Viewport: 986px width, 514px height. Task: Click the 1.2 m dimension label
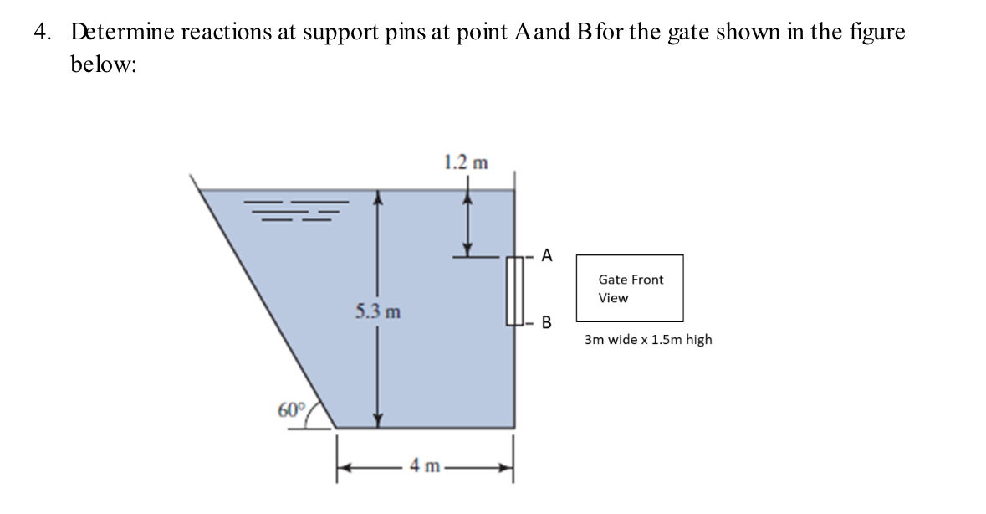pyautogui.click(x=467, y=161)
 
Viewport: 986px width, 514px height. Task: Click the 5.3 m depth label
pyautogui.click(x=377, y=312)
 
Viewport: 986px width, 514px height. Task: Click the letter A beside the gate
pyautogui.click(x=546, y=256)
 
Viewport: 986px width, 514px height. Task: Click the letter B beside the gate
pyautogui.click(x=547, y=322)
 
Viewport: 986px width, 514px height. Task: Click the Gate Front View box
pyautogui.click(x=630, y=288)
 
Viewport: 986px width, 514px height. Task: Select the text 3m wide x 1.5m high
pyautogui.click(x=648, y=340)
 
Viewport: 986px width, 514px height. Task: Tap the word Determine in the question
pyautogui.click(x=122, y=33)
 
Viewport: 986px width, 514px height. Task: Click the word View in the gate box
pyautogui.click(x=613, y=298)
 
